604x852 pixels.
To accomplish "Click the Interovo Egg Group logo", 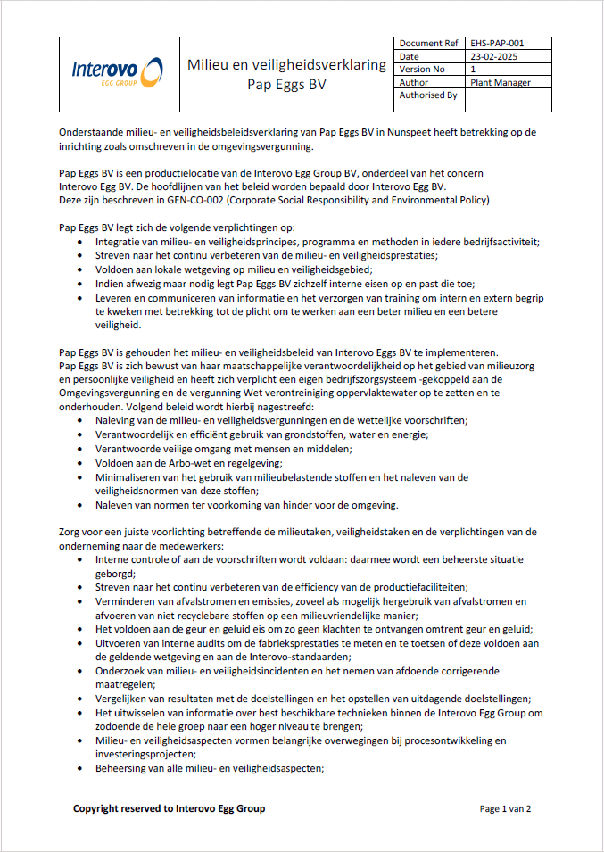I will [x=117, y=71].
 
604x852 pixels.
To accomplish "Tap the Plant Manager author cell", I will [x=501, y=82].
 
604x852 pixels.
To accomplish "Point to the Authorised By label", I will [x=428, y=95].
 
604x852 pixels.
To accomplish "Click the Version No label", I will [x=422, y=70].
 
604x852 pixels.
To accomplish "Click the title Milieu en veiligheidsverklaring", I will [x=286, y=64].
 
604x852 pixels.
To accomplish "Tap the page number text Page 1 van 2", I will [x=505, y=809].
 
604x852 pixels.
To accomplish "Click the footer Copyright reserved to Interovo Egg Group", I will [x=169, y=808].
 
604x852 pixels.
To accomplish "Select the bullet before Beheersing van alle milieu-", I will [x=83, y=768].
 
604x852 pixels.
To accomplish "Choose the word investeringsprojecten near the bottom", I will [x=147, y=754].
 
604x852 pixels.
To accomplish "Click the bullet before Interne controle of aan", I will [x=83, y=559].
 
